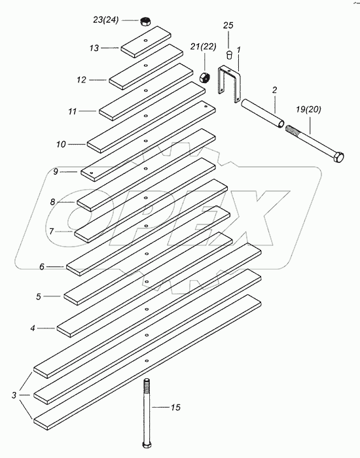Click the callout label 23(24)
pyautogui.click(x=106, y=20)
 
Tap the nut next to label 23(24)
pyautogui.click(x=145, y=21)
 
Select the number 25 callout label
pyautogui.click(x=228, y=26)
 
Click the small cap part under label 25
pyautogui.click(x=230, y=55)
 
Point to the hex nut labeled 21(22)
pyautogui.click(x=204, y=77)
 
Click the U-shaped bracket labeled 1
pyautogui.click(x=230, y=84)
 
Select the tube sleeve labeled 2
pyautogui.click(x=262, y=113)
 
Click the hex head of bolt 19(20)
pyautogui.click(x=339, y=158)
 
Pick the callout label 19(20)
pyautogui.click(x=308, y=110)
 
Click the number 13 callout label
pyautogui.click(x=94, y=48)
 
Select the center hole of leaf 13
pyautogui.click(x=145, y=40)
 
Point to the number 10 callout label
pyautogui.click(x=61, y=145)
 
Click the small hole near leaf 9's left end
pyautogui.click(x=92, y=173)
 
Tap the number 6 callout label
pyautogui.click(x=42, y=267)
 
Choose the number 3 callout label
pyautogui.click(x=14, y=395)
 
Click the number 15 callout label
pyautogui.click(x=175, y=407)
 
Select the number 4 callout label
pyautogui.click(x=33, y=328)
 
